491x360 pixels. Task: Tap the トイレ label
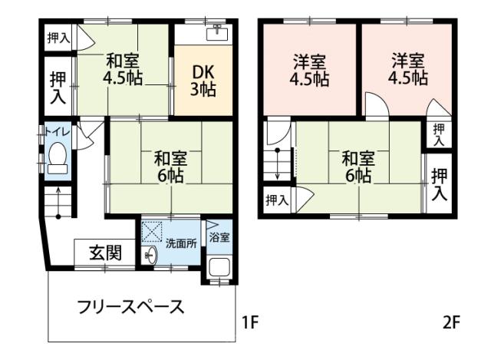pos(58,132)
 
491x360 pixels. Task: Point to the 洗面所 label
pos(182,243)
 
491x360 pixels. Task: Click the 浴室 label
pos(219,236)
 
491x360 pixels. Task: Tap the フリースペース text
pos(131,308)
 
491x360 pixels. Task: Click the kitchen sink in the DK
pos(219,32)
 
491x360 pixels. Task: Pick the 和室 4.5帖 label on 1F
pos(122,68)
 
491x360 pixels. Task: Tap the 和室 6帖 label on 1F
pos(170,167)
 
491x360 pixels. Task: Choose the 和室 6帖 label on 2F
pos(358,167)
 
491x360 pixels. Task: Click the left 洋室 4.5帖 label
pos(310,68)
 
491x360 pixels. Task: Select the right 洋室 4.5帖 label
pos(408,68)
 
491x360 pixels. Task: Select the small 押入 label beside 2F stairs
pos(276,200)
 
